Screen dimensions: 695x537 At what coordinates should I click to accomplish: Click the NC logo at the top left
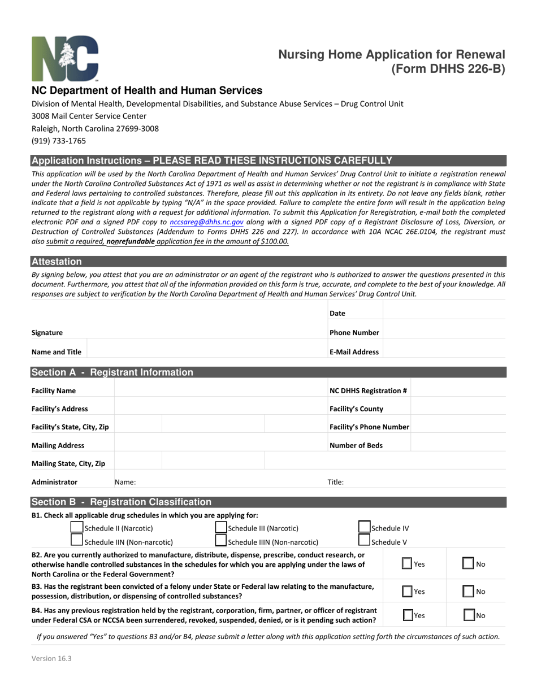(65, 59)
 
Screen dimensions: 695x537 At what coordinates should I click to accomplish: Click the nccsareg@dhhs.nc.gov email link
(206, 222)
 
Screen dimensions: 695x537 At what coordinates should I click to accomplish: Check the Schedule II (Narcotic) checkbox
(76, 528)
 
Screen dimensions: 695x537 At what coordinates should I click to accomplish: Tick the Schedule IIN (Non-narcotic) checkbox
(76, 541)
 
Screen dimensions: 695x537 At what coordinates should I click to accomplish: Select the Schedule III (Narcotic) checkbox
(221, 528)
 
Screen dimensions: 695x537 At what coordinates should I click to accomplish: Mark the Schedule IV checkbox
(365, 528)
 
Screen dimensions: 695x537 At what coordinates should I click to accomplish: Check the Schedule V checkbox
(365, 541)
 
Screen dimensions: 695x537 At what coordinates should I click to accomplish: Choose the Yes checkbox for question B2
(407, 563)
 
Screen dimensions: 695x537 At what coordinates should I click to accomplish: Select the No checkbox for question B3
(468, 592)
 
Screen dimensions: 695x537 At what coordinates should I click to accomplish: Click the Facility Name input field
(220, 390)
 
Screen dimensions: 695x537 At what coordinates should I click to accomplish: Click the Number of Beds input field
(458, 445)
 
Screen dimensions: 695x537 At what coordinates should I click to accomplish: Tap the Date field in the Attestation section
(444, 313)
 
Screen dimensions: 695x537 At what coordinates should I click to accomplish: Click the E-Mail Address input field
(444, 351)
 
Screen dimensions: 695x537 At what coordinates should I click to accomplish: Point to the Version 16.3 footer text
(51, 658)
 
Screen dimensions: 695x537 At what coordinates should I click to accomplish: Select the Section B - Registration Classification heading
(122, 502)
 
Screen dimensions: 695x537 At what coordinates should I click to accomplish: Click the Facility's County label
(356, 409)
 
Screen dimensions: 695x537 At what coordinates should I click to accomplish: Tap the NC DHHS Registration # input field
(458, 390)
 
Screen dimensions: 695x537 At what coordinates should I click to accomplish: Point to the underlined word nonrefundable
(131, 241)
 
